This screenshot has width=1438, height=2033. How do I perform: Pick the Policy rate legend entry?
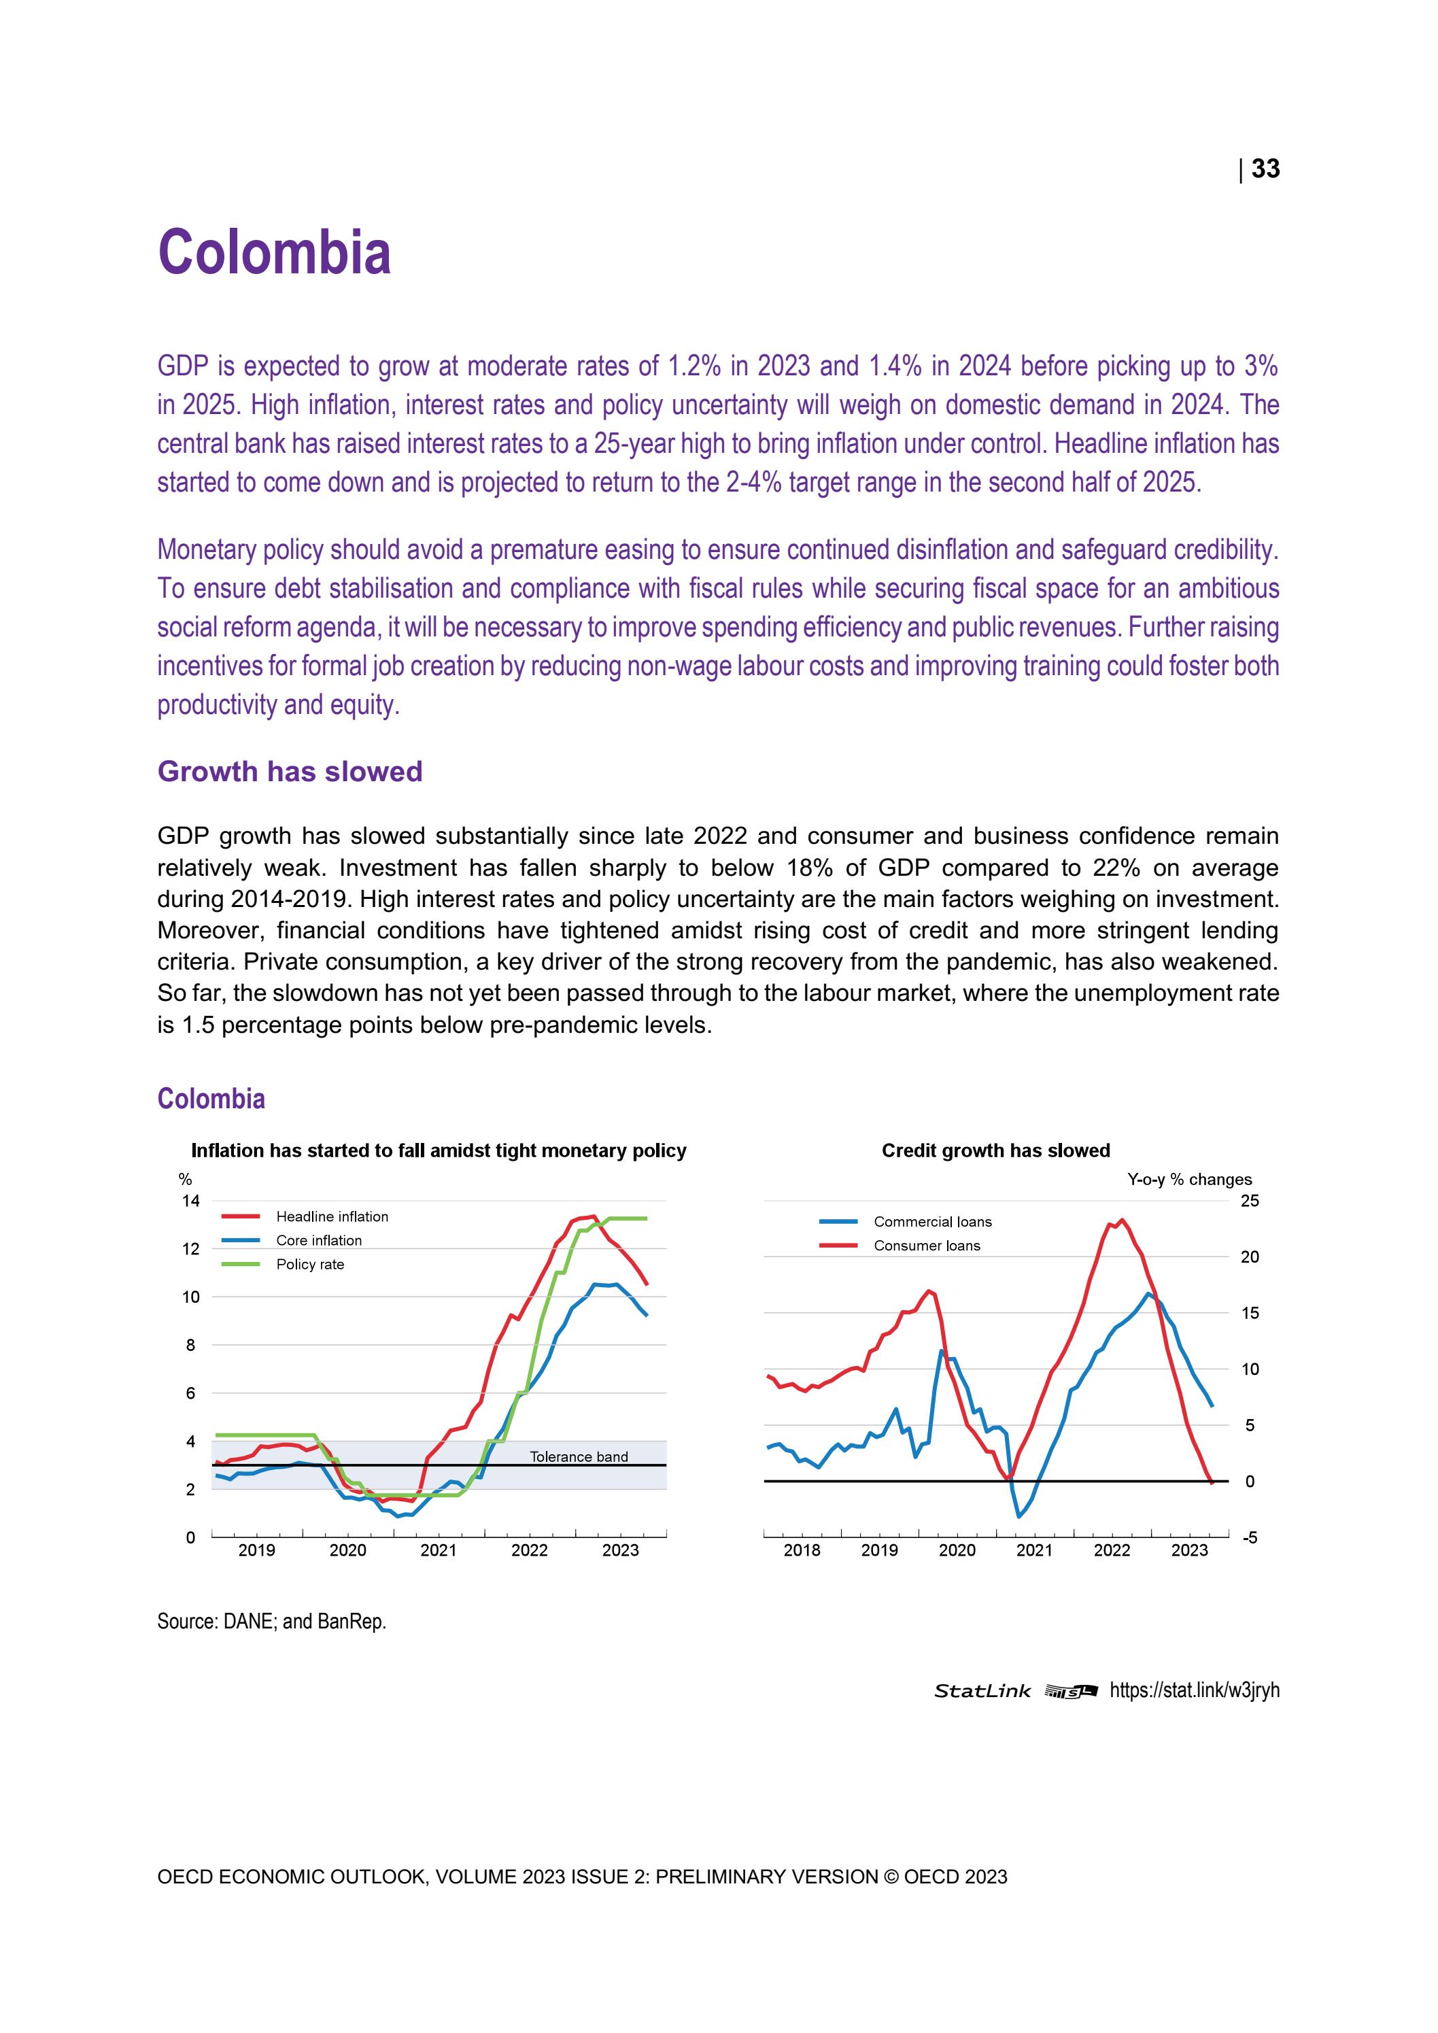tap(310, 1265)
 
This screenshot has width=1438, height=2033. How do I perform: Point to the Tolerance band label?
tap(578, 1456)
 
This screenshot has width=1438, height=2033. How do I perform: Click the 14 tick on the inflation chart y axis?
tap(190, 1201)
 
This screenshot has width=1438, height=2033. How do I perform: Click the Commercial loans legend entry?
tap(931, 1222)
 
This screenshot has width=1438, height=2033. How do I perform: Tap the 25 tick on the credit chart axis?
tap(1250, 1201)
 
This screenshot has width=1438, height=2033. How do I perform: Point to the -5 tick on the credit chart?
tap(1250, 1538)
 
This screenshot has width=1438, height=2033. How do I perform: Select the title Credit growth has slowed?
tap(995, 1150)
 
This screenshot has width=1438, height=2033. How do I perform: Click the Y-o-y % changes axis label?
tap(1189, 1180)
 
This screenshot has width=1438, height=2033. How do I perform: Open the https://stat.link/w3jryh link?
tap(1194, 1690)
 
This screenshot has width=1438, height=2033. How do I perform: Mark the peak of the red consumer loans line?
tap(1122, 1220)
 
